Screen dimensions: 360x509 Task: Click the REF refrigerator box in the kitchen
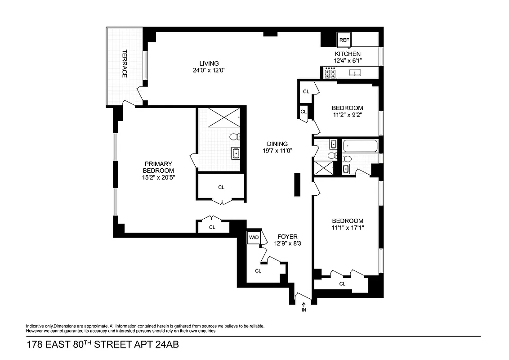pyautogui.click(x=344, y=40)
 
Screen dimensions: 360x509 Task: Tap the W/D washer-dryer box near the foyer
pyautogui.click(x=254, y=237)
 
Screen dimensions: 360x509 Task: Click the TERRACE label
pyautogui.click(x=125, y=63)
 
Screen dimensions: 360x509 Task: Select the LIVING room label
pyautogui.click(x=209, y=63)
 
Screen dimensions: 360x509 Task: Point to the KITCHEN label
pyautogui.click(x=347, y=54)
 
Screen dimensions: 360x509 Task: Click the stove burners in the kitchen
pyautogui.click(x=330, y=72)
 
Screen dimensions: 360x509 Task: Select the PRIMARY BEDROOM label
pyautogui.click(x=158, y=167)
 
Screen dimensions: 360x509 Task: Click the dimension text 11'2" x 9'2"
pyautogui.click(x=347, y=115)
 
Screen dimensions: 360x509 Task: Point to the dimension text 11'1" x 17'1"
pyautogui.click(x=348, y=228)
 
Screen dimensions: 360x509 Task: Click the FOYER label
pyautogui.click(x=287, y=237)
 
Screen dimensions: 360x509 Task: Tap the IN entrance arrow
pyautogui.click(x=304, y=307)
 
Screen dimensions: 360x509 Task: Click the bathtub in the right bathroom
pyautogui.click(x=360, y=146)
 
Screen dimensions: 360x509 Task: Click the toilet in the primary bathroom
pyautogui.click(x=234, y=136)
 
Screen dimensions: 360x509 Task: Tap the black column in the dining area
pyautogui.click(x=297, y=184)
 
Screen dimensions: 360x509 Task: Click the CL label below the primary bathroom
pyautogui.click(x=221, y=187)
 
